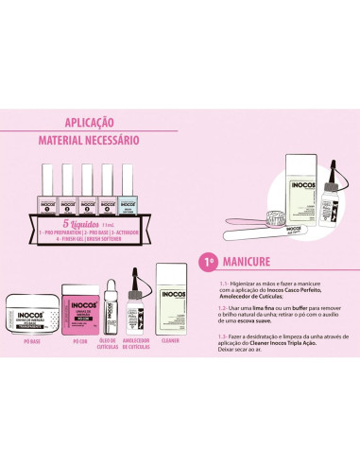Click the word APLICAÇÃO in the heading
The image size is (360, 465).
coord(88,122)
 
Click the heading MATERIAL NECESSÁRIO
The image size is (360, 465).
coord(88,140)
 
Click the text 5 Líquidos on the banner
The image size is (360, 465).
coord(87,214)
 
